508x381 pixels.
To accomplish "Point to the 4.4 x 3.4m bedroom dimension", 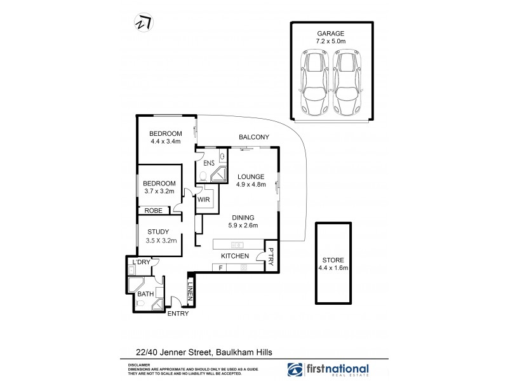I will [x=166, y=142].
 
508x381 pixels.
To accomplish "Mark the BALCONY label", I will [x=254, y=137].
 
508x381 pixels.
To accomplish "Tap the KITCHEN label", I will [x=234, y=256].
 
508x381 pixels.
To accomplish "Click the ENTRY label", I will [x=177, y=313].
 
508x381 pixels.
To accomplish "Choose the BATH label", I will [x=145, y=294].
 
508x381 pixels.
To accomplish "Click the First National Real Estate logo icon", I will [x=296, y=369].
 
